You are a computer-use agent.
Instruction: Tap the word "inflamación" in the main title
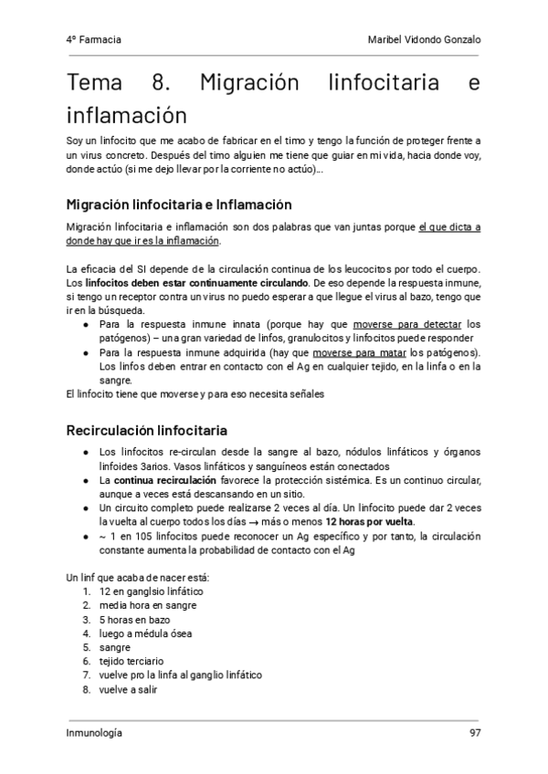click(127, 116)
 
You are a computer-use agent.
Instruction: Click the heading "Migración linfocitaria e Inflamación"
click(179, 204)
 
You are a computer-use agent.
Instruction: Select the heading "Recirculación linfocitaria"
click(147, 430)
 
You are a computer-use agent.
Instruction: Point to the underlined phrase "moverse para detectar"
click(407, 324)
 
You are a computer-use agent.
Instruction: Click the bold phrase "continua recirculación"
click(165, 479)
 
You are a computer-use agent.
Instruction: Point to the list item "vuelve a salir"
click(128, 689)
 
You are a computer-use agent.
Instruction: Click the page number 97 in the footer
click(474, 733)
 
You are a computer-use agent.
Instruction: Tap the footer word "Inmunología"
click(94, 733)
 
